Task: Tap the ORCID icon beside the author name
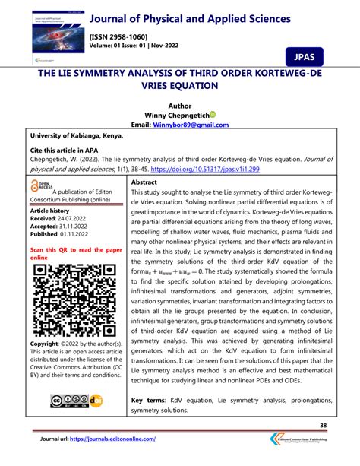(x=213, y=114)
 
